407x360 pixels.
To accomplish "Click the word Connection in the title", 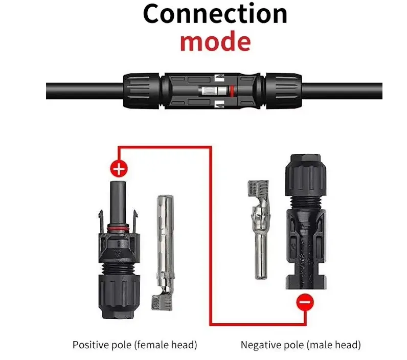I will [x=215, y=14].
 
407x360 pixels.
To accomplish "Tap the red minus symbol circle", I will [x=304, y=303].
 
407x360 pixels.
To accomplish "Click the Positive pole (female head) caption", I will [x=134, y=345].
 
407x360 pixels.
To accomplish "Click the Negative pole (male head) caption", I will [x=301, y=345].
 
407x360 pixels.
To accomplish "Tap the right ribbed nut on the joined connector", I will [x=284, y=91].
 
